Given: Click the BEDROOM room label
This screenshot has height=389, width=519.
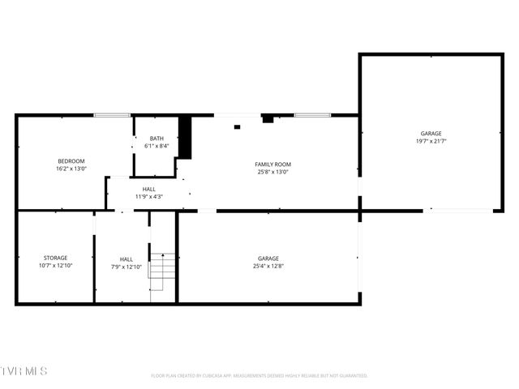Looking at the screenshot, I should pyautogui.click(x=71, y=160).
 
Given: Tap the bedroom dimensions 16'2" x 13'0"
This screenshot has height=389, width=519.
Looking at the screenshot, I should pyautogui.click(x=71, y=169).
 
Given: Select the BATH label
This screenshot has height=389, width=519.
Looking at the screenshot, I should pyautogui.click(x=156, y=139).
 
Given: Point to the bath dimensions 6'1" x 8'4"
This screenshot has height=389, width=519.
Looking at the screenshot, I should pyautogui.click(x=156, y=147).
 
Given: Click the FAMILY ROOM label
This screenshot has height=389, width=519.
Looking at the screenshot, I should pyautogui.click(x=272, y=164).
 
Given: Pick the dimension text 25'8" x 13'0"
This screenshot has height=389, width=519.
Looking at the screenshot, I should pyautogui.click(x=272, y=172).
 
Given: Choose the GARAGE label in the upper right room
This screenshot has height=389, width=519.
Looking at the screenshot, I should pyautogui.click(x=431, y=133).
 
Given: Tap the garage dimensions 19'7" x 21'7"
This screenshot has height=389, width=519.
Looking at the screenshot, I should pyautogui.click(x=431, y=141).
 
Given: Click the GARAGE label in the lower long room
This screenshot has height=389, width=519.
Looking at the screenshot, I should pyautogui.click(x=268, y=258).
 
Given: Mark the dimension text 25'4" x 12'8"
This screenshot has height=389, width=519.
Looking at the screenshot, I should pyautogui.click(x=268, y=266).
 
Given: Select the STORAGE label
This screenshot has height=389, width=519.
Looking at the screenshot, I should pyautogui.click(x=56, y=258).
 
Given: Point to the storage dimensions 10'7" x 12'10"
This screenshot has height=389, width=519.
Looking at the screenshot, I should pyautogui.click(x=56, y=266).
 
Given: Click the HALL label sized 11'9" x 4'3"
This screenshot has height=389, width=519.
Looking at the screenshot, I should pyautogui.click(x=149, y=189).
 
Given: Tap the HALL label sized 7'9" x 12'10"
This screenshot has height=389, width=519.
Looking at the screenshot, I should pyautogui.click(x=126, y=259).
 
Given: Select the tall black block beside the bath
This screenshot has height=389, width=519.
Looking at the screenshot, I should pyautogui.click(x=184, y=138).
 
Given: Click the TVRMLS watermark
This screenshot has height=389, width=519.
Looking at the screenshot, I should pyautogui.click(x=24, y=371).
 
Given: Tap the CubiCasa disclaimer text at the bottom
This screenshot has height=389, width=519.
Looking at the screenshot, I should pyautogui.click(x=259, y=376).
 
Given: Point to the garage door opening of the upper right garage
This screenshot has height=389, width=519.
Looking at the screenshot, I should pyautogui.click(x=459, y=211).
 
